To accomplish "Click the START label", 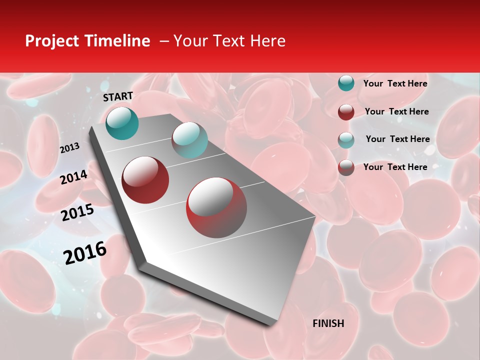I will tap(118, 96).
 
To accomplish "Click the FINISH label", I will tap(328, 323).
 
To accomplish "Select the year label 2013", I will tap(69, 147).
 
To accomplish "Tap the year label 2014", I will tap(74, 177).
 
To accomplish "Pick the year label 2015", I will tap(77, 212).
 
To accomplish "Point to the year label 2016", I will tap(85, 252).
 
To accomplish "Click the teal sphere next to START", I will tap(122, 123).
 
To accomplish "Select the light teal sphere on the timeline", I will tap(189, 140).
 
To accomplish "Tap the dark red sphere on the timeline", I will tap(145, 180).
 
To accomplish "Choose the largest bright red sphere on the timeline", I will tap(216, 207).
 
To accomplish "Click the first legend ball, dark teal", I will tap(346, 83).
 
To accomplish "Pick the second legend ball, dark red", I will tap(346, 111).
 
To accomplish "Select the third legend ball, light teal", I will tap(346, 139).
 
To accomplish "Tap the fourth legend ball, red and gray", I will tap(346, 167).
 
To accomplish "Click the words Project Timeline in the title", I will tap(87, 41).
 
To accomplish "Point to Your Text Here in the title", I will tap(229, 41).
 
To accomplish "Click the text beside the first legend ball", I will tap(395, 83).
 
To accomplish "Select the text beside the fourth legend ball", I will tap(395, 167).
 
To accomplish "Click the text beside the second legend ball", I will tap(396, 111).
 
